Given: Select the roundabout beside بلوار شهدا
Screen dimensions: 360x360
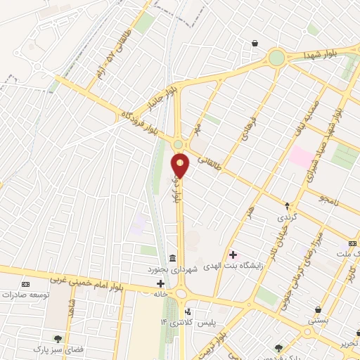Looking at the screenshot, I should click(x=276, y=57).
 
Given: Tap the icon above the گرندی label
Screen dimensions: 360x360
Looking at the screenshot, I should click(x=287, y=206).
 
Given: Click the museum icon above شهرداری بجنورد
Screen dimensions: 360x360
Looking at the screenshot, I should click(x=173, y=257).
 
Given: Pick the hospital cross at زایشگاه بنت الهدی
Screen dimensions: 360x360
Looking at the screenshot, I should click(x=234, y=255).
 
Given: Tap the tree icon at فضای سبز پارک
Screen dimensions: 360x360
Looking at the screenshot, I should click(x=58, y=338).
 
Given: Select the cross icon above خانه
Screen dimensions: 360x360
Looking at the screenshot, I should click(x=161, y=283).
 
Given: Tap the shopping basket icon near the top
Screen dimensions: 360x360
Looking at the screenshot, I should click(x=254, y=43).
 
